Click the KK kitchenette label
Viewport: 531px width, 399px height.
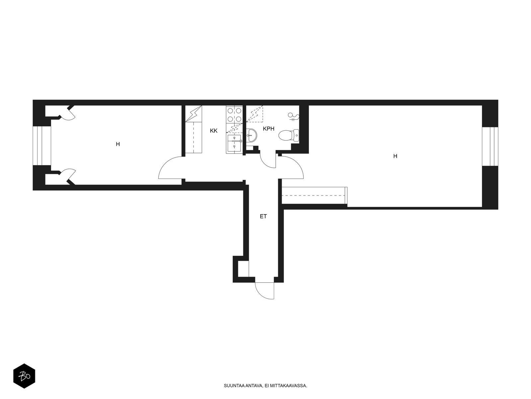[213, 131]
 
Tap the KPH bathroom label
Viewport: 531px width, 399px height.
[268, 129]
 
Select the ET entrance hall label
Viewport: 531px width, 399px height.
[263, 216]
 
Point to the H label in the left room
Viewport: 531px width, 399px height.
[118, 144]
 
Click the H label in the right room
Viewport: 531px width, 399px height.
[395, 156]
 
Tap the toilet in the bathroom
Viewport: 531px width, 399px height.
[289, 135]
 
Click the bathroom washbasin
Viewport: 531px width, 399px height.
[252, 135]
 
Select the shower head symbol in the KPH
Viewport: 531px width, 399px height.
[293, 117]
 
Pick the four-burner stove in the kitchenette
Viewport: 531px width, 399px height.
[234, 115]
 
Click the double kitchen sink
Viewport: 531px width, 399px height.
[234, 143]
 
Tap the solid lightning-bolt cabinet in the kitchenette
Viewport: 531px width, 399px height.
[193, 114]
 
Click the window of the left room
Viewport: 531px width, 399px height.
[42, 146]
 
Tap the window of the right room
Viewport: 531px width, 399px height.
[490, 146]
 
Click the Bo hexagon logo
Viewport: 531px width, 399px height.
[24, 376]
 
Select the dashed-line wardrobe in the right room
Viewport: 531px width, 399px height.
[315, 196]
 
